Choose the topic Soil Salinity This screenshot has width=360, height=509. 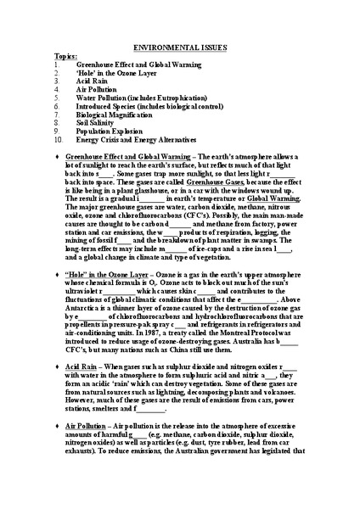pos(98,134)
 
